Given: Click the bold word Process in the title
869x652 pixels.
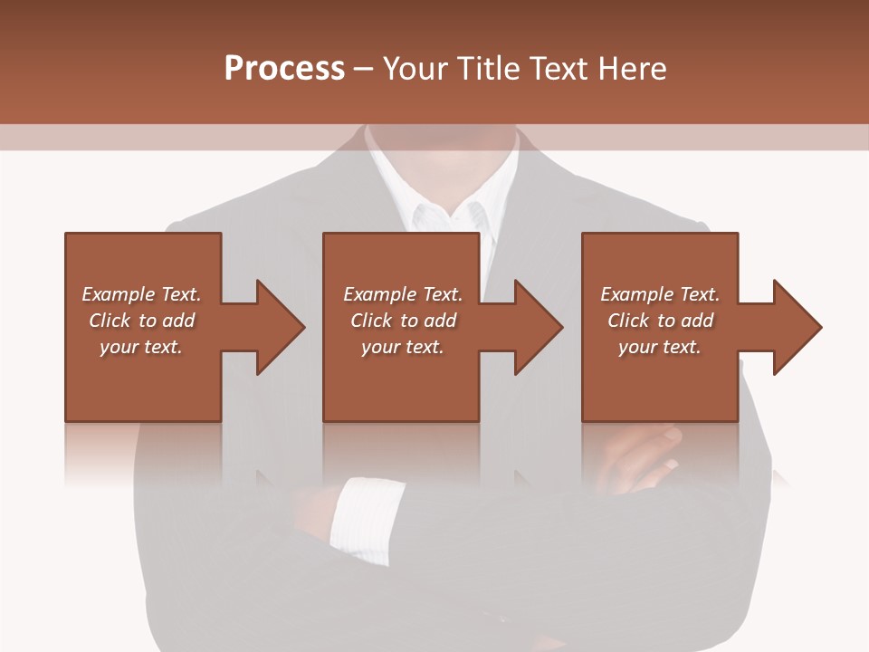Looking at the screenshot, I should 284,69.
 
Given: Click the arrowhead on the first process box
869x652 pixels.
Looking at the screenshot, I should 280,327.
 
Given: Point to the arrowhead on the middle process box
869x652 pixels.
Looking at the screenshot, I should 538,327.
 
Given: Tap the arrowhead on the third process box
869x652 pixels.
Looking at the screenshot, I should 797,327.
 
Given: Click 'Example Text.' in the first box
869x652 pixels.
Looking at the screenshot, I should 141,294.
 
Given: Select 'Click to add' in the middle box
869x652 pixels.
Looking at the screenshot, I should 403,321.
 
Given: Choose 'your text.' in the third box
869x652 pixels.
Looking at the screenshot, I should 660,347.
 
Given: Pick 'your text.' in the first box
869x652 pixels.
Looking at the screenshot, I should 141,347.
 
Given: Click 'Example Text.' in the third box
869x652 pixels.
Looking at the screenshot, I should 660,294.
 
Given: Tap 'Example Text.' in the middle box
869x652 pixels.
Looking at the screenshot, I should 403,294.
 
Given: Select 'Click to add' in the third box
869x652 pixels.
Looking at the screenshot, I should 660,321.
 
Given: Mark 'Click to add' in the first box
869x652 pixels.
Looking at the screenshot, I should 141,321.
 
